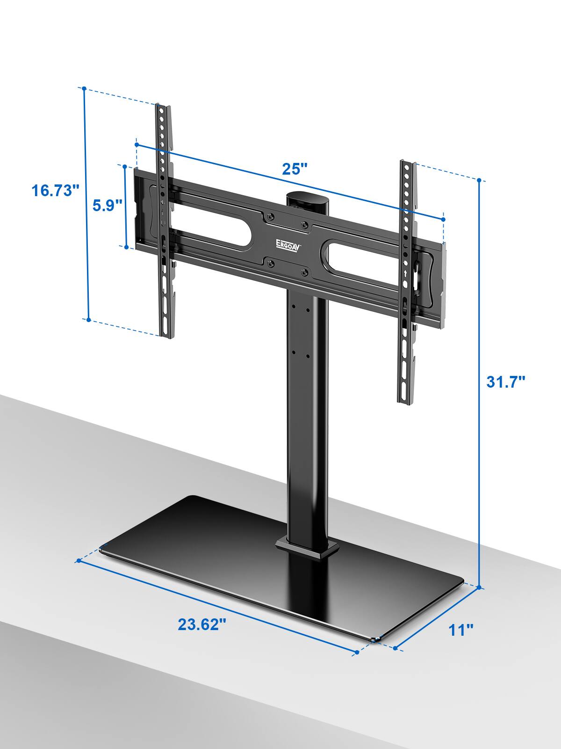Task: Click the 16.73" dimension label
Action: tap(53, 191)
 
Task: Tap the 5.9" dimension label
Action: tap(107, 205)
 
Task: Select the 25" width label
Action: tap(295, 169)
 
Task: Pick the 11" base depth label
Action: tap(461, 630)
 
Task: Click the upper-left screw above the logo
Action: tap(270, 217)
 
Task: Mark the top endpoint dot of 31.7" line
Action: tap(480, 180)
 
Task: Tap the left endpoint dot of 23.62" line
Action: tap(79, 560)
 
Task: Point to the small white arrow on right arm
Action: tap(405, 272)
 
